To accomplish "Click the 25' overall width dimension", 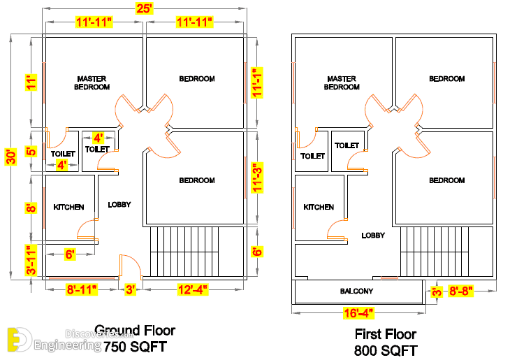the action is coord(144,8).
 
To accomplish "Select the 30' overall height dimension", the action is coord(10,157).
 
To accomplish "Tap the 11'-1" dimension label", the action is coord(257,82).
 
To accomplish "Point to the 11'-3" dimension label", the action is coord(257,178).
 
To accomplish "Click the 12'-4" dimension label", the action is coord(193,289).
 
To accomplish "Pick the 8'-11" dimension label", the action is coord(82,289).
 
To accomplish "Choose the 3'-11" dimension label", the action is coord(31,261).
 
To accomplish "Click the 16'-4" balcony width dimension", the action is coord(359,313).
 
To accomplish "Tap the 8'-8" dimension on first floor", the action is coord(460,291).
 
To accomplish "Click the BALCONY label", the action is coord(356,291).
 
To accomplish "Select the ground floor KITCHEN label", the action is coord(68,207).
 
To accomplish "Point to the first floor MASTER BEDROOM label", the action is coord(342,82).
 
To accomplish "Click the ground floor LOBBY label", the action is coord(119,204).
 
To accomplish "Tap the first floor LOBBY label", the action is coord(373,235).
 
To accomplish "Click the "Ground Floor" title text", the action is coord(135,331).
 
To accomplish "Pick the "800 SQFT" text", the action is coord(386,350).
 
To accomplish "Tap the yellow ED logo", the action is coord(19,340).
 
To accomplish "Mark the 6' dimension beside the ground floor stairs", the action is coord(257,252).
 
